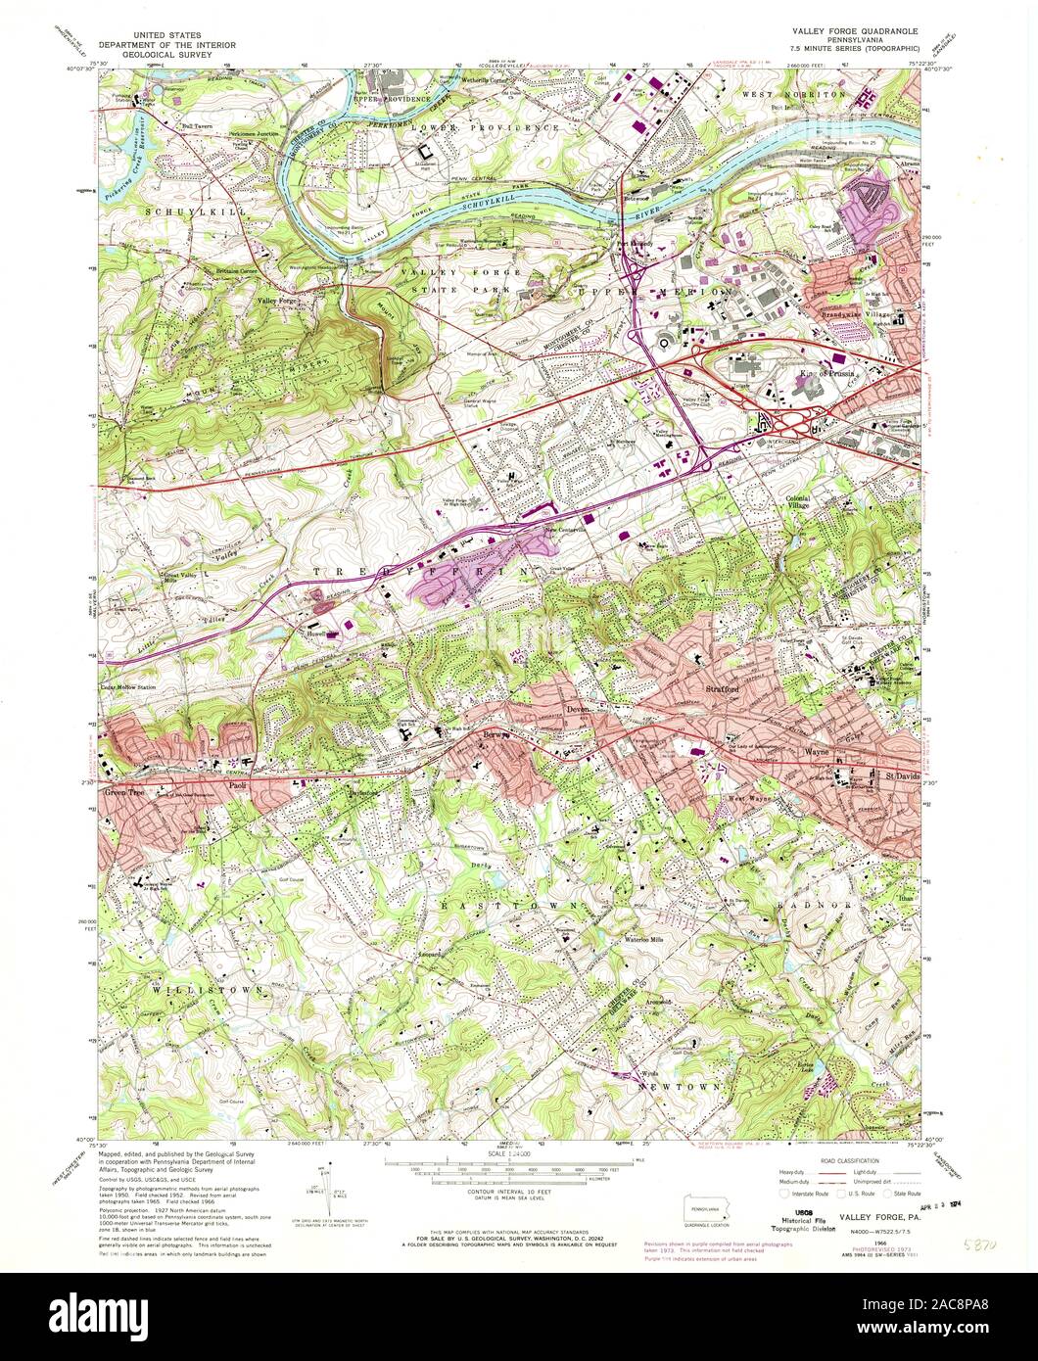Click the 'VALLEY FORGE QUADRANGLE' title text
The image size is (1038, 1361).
tap(855, 31)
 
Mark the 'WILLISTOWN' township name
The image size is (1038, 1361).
tap(207, 990)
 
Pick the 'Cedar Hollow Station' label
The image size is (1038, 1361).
tap(127, 687)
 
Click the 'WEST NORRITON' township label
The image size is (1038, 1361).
tap(792, 94)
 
